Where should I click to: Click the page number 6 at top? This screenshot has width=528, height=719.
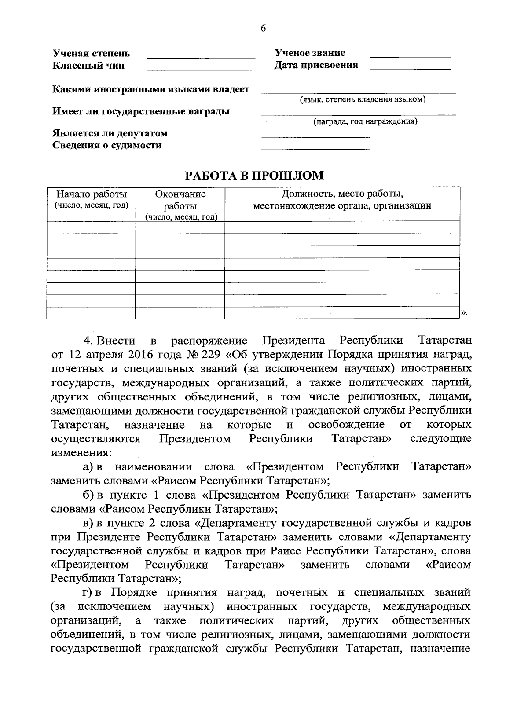point(263,29)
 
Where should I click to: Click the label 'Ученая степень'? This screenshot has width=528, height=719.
point(92,54)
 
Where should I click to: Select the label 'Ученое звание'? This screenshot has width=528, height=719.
point(310,53)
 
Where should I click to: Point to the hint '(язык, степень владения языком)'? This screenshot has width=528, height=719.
point(363,100)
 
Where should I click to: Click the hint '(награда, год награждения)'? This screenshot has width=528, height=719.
point(365,121)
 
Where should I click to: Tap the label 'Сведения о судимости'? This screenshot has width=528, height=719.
point(107,145)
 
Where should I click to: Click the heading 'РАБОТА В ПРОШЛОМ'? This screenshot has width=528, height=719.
point(254,176)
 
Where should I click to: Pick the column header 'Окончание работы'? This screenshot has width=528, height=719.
point(180,200)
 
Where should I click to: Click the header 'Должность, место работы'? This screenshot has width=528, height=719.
point(342,194)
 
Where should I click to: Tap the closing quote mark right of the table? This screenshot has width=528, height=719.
point(464,313)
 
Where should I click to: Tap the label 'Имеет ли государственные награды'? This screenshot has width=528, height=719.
point(141,112)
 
